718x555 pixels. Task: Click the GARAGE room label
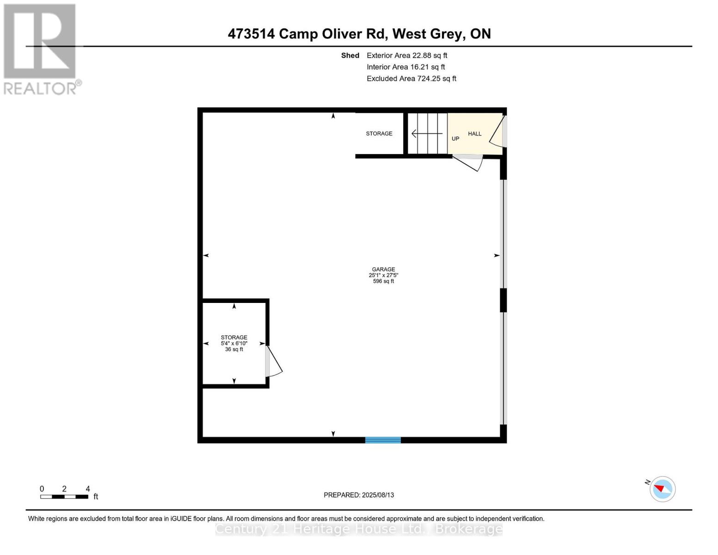pos(383,269)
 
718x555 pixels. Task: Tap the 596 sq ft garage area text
pos(383,281)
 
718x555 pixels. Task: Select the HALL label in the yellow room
pos(474,134)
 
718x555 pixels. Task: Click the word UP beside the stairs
pos(455,139)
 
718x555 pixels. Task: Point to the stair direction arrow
pos(426,134)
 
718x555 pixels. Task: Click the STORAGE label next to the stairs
pos(379,134)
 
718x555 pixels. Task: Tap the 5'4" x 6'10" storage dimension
pos(234,343)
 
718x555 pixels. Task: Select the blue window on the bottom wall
pos(383,440)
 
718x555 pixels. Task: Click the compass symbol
pos(663,489)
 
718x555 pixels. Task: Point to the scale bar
pos(64,497)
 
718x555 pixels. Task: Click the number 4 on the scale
pos(88,489)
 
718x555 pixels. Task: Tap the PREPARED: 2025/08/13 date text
pos(359,495)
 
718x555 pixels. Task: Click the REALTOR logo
pos(41,49)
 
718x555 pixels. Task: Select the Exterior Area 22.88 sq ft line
pos(407,55)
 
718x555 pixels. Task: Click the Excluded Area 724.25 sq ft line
pos(411,79)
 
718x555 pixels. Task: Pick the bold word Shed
pos(350,55)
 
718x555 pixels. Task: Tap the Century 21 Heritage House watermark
pos(359,529)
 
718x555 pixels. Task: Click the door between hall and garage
pos(468,161)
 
